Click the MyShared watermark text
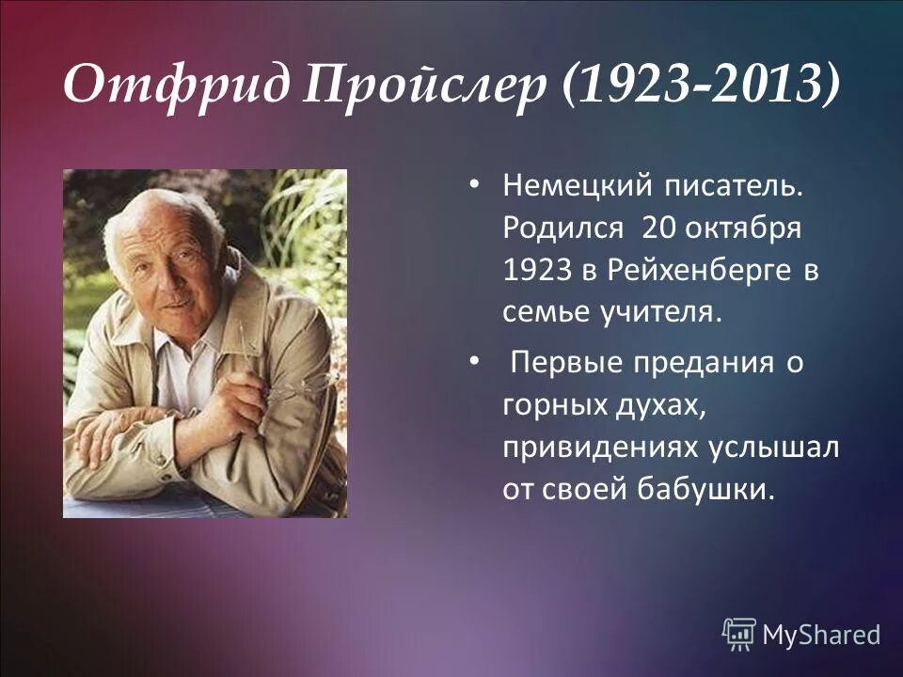(820, 634)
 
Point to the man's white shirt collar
(193, 343)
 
